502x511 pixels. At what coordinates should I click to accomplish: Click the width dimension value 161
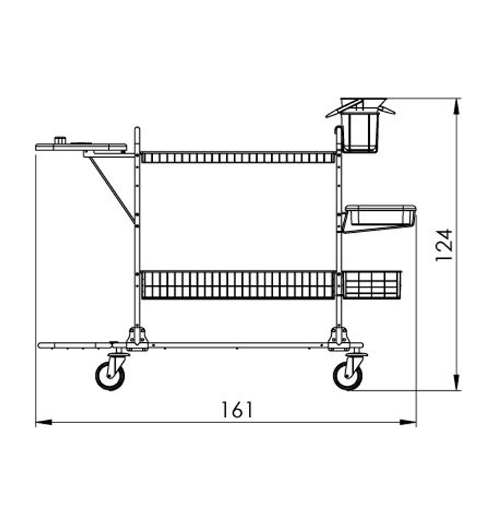coord(237,410)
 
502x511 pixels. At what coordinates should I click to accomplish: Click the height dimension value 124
coord(445,245)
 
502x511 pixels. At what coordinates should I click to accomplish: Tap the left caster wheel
coord(110,375)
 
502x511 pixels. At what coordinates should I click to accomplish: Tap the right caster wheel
coord(347,375)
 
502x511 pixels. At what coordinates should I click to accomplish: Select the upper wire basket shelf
coord(238,157)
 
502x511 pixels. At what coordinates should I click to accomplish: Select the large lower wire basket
coord(238,285)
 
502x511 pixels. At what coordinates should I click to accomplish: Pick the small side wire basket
coord(372,285)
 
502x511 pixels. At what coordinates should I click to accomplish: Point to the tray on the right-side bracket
coord(380,215)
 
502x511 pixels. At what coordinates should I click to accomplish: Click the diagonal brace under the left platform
coord(111,191)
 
